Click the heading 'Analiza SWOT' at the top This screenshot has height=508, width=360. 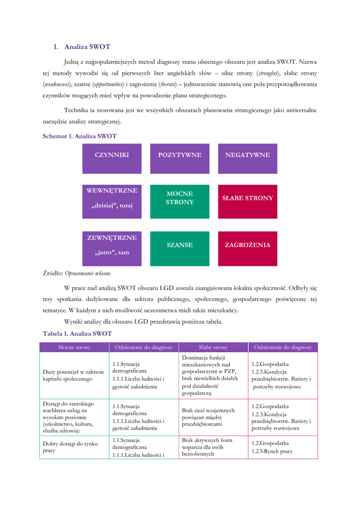coord(87,47)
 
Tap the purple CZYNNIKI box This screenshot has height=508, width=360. coord(112,158)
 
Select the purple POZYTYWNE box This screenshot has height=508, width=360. coord(180,158)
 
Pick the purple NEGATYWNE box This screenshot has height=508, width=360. coord(247,158)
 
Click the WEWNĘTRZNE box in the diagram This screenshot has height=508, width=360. coord(112,201)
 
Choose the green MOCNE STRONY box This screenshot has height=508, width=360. coord(180,201)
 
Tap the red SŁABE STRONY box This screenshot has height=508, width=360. coord(247,201)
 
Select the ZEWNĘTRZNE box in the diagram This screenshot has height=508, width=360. coord(112,248)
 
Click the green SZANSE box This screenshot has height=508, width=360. coord(180,248)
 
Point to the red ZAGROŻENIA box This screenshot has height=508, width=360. coord(247,248)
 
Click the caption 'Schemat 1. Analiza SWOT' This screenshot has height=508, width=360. coord(80,135)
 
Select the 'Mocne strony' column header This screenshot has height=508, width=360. coord(74,347)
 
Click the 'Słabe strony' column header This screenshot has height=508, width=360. coord(214,347)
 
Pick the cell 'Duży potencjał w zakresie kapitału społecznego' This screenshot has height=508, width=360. coord(74,375)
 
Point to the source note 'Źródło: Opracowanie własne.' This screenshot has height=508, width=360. coord(77,273)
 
